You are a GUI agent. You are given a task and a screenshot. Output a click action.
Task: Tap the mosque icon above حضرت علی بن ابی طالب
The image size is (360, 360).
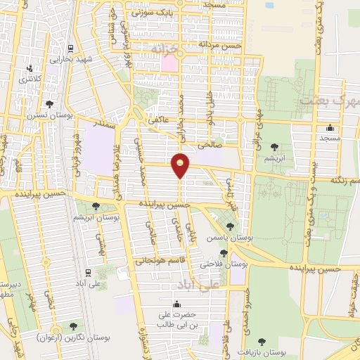pos(176,304)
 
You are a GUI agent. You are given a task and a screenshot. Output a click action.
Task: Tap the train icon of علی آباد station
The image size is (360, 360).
pos(87,271)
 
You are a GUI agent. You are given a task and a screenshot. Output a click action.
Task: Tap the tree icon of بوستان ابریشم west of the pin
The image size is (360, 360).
pos(96,206)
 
